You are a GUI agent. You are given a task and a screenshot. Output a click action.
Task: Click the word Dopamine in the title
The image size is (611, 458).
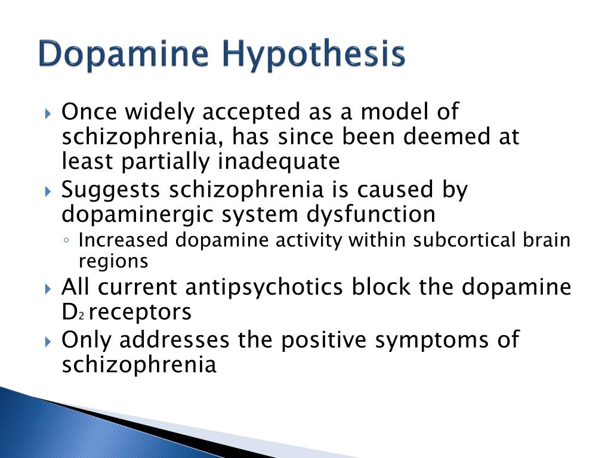pos(123,55)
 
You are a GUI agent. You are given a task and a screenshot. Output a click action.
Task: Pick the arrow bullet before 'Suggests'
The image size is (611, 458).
pos(49,192)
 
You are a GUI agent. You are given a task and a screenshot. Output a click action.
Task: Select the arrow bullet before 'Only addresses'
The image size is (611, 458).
pos(49,342)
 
